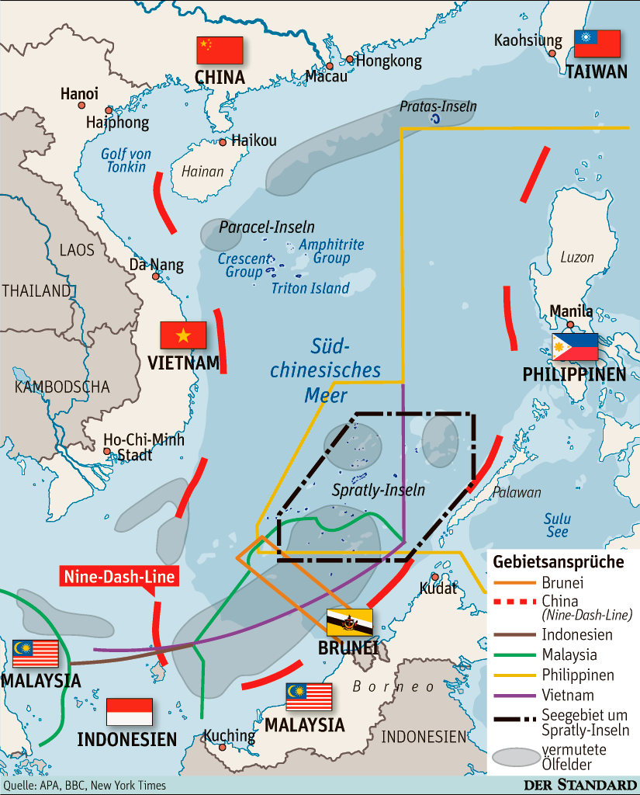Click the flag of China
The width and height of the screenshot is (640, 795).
tap(220, 50)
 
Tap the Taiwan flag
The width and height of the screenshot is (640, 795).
tap(597, 43)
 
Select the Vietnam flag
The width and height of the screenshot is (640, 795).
tap(183, 335)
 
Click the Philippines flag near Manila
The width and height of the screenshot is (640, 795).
tap(575, 347)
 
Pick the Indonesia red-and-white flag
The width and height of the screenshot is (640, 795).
tap(129, 711)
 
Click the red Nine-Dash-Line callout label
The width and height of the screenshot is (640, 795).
tap(119, 576)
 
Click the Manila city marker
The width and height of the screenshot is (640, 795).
tap(570, 325)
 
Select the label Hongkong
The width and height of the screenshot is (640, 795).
tap(389, 61)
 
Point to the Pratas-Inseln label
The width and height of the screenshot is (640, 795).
tap(438, 106)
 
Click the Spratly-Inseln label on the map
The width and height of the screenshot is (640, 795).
tap(378, 490)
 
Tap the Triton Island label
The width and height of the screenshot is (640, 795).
tap(310, 288)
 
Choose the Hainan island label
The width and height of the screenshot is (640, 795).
tap(202, 172)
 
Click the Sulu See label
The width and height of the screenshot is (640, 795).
tap(557, 525)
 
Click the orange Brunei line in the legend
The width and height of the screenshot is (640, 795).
tap(514, 583)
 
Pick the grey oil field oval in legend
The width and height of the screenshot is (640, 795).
tap(514, 757)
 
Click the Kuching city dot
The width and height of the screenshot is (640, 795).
tap(223, 748)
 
